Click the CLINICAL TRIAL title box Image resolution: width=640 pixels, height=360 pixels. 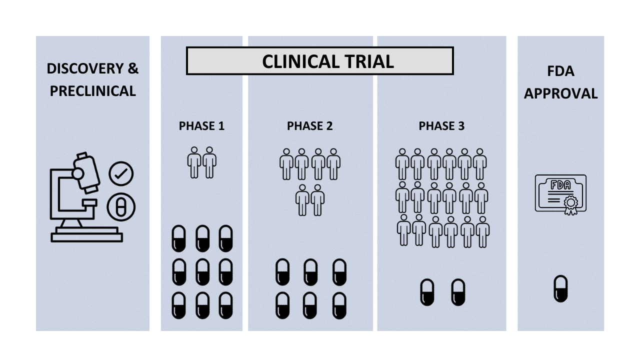pos(320,61)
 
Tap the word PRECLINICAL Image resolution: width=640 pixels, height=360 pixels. pos(92,91)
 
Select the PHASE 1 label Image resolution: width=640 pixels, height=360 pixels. pos(201,126)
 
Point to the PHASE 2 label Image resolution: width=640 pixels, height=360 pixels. pos(309,126)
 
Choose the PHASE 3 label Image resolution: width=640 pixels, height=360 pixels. pos(441,126)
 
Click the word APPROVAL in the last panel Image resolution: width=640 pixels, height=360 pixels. pos(560,94)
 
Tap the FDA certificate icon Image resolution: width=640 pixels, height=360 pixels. pos(560,193)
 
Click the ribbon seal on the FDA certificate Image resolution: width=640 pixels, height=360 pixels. pos(569,204)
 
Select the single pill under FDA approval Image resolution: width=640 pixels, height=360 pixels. pos(560,288)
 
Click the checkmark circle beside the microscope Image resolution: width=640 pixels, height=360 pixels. pos(121,174)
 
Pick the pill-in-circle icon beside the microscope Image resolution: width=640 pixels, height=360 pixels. pos(121,207)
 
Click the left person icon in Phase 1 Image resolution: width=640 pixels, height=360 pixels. pos(194,162)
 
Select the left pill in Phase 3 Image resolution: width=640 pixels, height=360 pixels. pos(427,292)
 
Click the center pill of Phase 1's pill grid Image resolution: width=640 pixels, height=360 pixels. pos(202,272)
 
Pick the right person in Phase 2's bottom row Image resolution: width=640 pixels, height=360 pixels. pos(317,199)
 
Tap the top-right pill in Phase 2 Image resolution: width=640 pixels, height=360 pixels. pos(339,272)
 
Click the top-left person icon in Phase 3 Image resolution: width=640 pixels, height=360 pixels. pos(402,163)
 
